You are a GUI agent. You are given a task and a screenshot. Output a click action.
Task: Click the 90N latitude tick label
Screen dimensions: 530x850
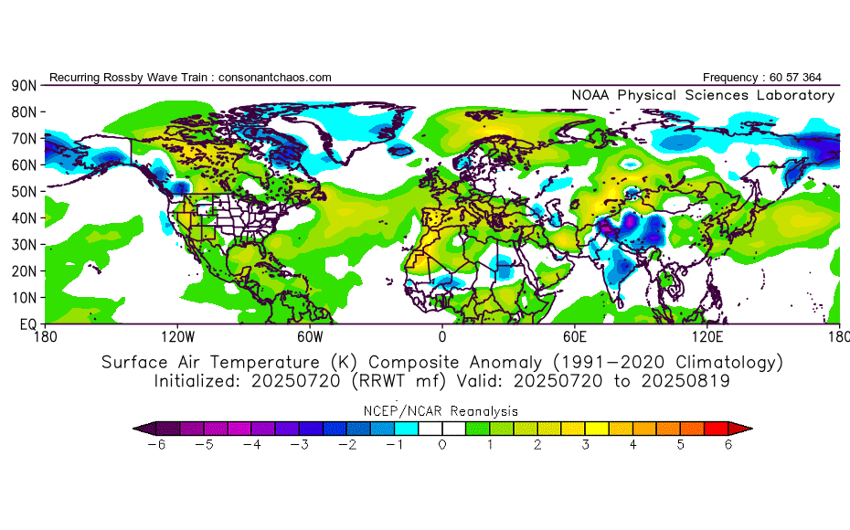[x=22, y=86]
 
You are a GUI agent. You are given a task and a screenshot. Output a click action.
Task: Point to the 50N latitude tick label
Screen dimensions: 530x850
[x=22, y=192]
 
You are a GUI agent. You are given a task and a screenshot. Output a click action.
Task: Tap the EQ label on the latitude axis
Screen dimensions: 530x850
[x=25, y=324]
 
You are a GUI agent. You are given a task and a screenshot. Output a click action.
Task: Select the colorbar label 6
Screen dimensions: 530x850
[x=729, y=445]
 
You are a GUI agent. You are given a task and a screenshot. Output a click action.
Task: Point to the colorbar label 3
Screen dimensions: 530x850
[x=586, y=445]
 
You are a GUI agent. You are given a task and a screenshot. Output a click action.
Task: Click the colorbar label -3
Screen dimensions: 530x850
[x=299, y=445]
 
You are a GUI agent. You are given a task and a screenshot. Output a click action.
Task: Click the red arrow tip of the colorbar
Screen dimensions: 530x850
[x=746, y=428]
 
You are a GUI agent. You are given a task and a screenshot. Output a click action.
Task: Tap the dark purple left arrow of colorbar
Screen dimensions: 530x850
[x=139, y=428]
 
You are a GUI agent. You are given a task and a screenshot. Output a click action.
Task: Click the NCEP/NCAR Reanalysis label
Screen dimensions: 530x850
[x=442, y=410]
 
